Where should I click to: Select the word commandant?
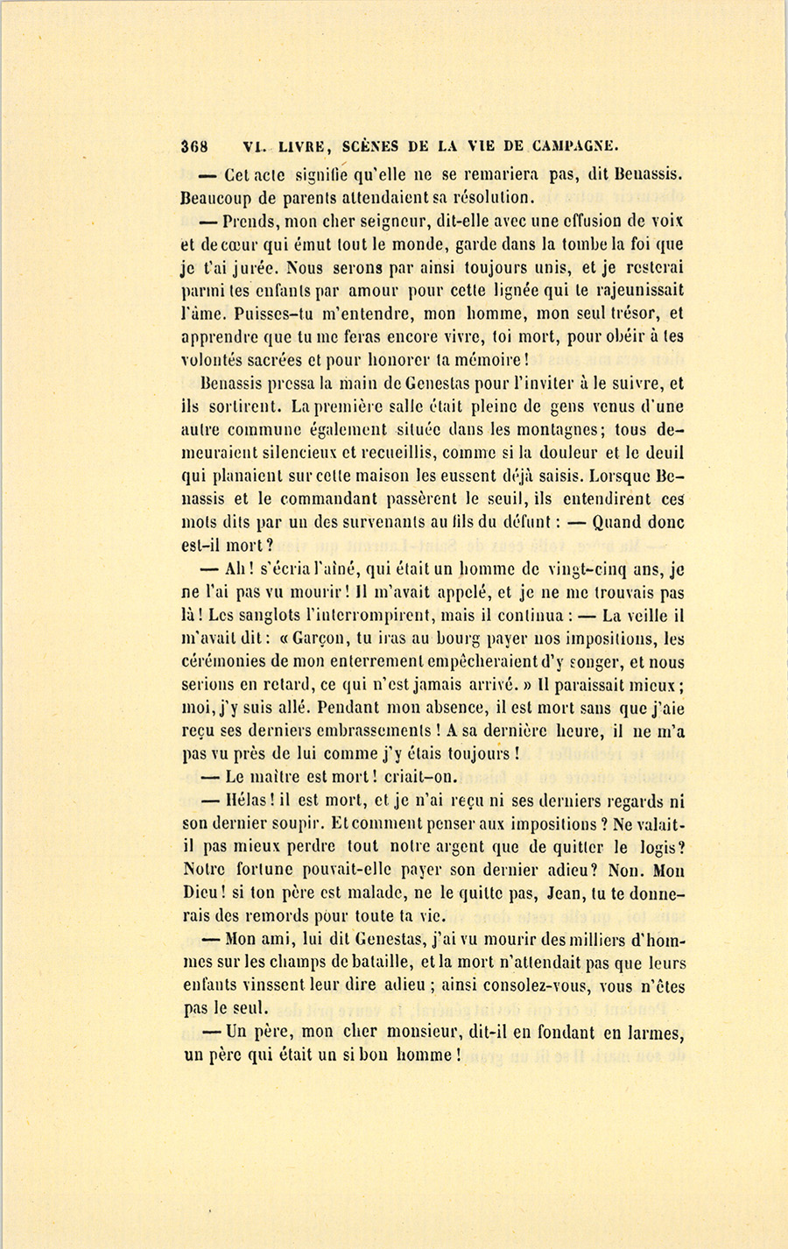tap(336, 500)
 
